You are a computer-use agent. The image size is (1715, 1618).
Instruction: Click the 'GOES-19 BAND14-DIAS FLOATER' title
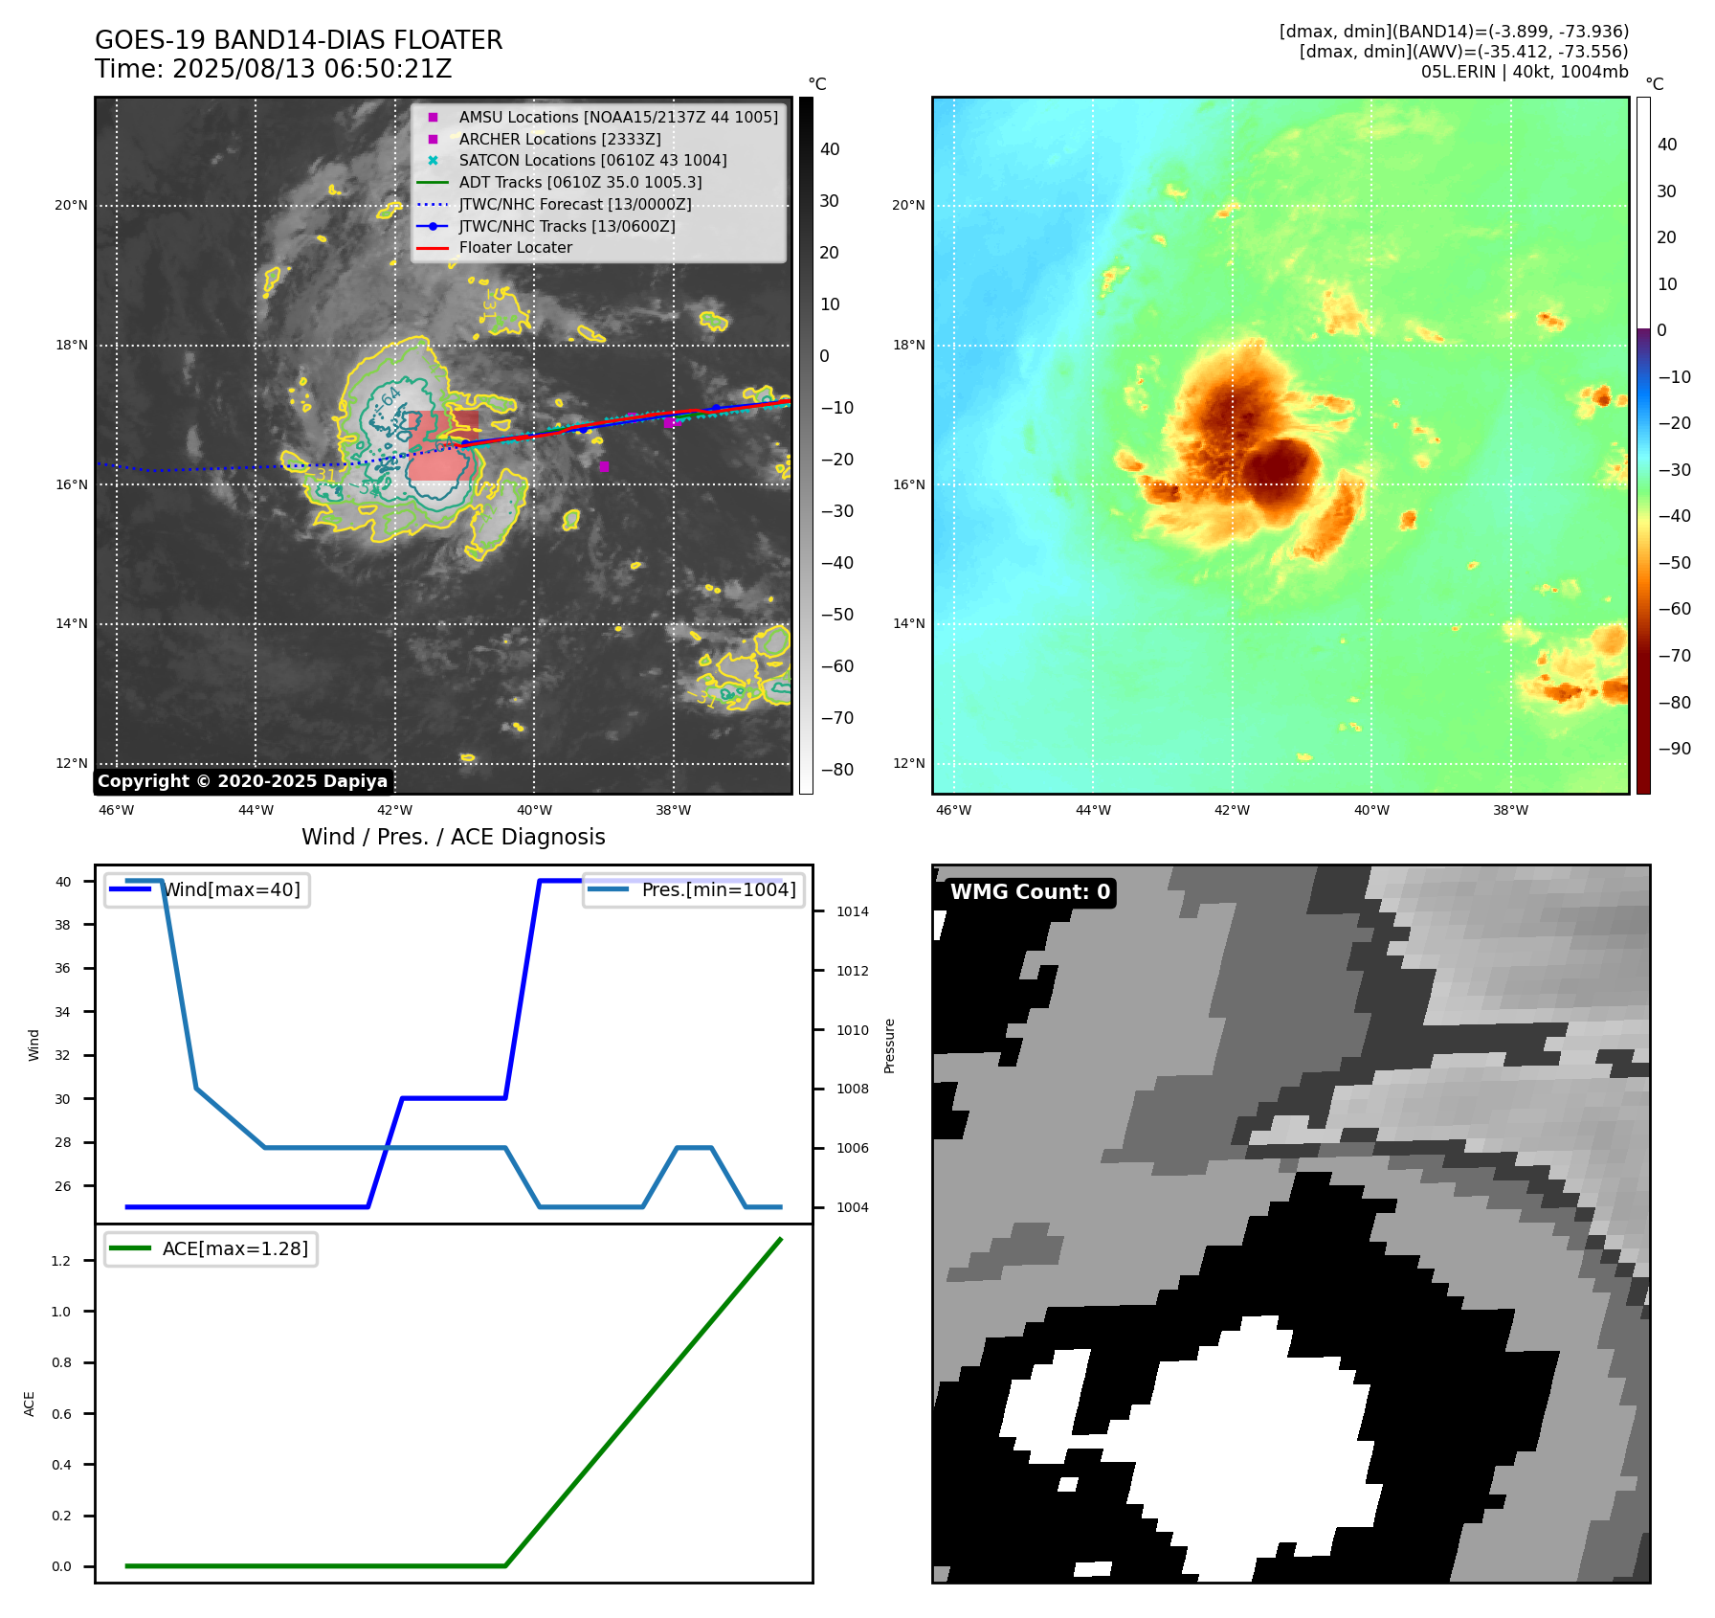click(x=298, y=40)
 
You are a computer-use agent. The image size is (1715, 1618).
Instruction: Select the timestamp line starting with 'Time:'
click(x=273, y=69)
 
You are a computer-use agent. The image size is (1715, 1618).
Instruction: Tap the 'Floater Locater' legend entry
click(x=515, y=248)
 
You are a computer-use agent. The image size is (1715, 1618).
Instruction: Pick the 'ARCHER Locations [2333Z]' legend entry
click(x=559, y=139)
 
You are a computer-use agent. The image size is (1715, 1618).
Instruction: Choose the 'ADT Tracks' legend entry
click(x=580, y=182)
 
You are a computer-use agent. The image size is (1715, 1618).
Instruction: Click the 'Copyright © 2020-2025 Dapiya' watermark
click(x=242, y=781)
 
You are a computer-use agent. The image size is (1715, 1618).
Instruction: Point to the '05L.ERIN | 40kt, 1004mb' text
click(x=1524, y=72)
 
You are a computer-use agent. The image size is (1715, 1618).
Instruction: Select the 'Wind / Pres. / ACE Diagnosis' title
click(x=453, y=837)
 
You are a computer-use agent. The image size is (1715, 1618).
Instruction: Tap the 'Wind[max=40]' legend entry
click(x=231, y=889)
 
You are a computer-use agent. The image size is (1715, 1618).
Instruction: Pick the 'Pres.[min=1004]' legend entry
click(x=718, y=889)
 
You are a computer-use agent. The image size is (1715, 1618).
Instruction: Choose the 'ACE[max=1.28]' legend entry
click(x=234, y=1248)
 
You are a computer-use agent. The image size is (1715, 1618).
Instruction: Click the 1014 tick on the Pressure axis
click(x=852, y=911)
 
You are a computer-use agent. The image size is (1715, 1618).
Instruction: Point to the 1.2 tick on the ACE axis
click(x=61, y=1261)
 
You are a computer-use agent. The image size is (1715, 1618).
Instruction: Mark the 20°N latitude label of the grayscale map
click(x=71, y=206)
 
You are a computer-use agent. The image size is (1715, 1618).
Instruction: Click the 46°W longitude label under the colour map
click(x=953, y=810)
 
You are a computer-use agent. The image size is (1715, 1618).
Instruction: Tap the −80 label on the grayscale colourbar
click(x=836, y=770)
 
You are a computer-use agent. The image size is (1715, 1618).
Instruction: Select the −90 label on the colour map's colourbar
click(x=1674, y=749)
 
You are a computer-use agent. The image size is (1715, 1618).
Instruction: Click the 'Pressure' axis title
click(x=890, y=1045)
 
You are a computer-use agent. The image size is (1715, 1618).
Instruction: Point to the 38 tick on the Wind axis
click(x=62, y=925)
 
